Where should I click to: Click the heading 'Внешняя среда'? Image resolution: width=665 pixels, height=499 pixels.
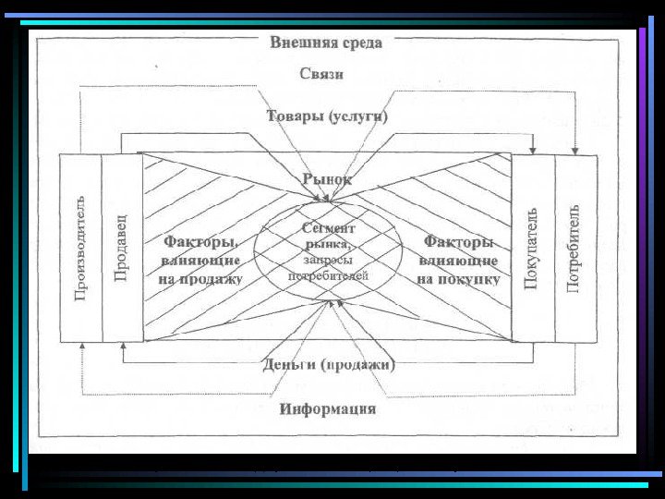coord(326,43)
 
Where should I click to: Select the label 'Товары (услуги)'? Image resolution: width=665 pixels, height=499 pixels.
coord(327,117)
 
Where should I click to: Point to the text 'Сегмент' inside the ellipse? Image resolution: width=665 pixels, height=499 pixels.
coord(329,227)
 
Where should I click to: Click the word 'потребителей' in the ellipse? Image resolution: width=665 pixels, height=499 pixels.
coord(328,275)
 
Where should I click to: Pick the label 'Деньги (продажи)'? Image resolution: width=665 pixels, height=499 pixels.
coord(329,364)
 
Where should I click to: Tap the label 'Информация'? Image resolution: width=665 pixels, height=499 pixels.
coord(328,409)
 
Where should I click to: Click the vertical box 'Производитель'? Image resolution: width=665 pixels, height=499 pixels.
coord(80,248)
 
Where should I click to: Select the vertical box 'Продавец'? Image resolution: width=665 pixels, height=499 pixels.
coord(121,248)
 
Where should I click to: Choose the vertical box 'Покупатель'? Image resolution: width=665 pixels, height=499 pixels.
coord(532,248)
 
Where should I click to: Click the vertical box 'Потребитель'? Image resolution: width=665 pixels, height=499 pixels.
coord(574,248)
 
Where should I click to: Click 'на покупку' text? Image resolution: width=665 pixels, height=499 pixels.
coord(458,278)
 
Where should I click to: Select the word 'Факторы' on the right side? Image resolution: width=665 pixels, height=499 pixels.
coord(458,242)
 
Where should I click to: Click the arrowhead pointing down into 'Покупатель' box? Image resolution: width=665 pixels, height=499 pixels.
coord(534,150)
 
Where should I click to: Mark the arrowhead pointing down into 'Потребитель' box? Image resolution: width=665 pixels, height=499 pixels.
coord(574,150)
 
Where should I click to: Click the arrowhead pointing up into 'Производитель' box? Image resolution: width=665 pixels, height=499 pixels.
coord(81,345)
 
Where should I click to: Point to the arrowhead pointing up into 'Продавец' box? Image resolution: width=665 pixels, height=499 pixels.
coord(122,345)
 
